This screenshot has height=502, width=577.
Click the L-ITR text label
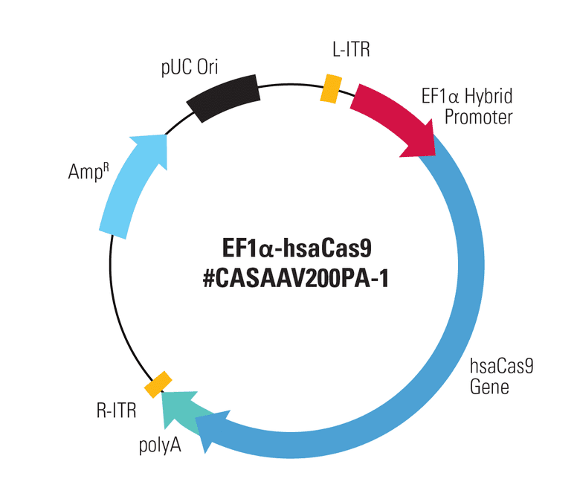[351, 49]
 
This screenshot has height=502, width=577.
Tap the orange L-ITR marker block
[331, 89]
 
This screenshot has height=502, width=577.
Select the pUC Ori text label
[190, 68]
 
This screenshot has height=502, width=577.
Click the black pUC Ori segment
[223, 98]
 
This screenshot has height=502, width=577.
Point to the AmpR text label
[88, 172]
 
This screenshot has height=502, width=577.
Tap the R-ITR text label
[116, 411]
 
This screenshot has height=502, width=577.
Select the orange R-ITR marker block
[158, 384]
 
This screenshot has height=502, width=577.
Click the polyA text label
[160, 445]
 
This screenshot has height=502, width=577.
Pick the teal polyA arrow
[180, 411]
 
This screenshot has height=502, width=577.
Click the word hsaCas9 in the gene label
[502, 366]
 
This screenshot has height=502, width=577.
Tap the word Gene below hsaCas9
[489, 387]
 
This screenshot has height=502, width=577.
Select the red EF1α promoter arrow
[394, 118]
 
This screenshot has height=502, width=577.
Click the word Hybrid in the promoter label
[489, 97]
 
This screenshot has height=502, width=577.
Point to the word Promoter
[478, 118]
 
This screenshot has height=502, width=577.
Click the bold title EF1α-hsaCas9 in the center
[297, 248]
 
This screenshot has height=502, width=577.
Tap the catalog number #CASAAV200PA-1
[296, 279]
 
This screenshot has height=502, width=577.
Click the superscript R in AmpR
[106, 167]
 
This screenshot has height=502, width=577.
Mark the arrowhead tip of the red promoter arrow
[435, 156]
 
